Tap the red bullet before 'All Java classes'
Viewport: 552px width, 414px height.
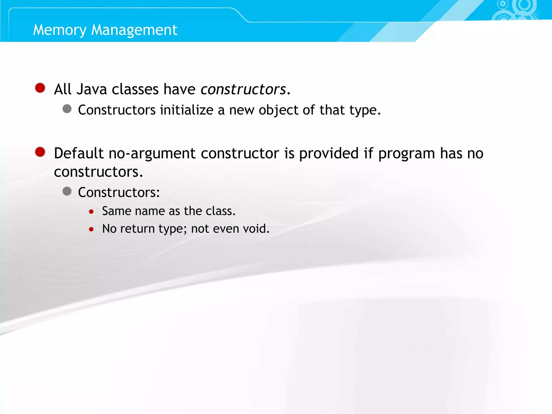[x=40, y=88]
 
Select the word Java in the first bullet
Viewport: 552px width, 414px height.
[x=92, y=89]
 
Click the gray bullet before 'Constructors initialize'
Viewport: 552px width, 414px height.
[x=67, y=109]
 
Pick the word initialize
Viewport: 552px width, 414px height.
[x=187, y=110]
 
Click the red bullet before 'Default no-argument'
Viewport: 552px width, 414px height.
[x=40, y=152]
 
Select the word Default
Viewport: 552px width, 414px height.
[x=79, y=153]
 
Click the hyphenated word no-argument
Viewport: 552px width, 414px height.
[x=152, y=154]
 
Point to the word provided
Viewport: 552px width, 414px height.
[x=329, y=154]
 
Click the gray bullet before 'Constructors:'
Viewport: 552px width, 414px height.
[x=67, y=191]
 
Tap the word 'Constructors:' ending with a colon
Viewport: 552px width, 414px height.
[x=119, y=192]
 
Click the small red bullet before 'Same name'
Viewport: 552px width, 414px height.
[x=91, y=212]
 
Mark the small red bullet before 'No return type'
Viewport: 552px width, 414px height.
[x=91, y=230]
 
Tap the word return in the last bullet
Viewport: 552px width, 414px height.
[x=137, y=229]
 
